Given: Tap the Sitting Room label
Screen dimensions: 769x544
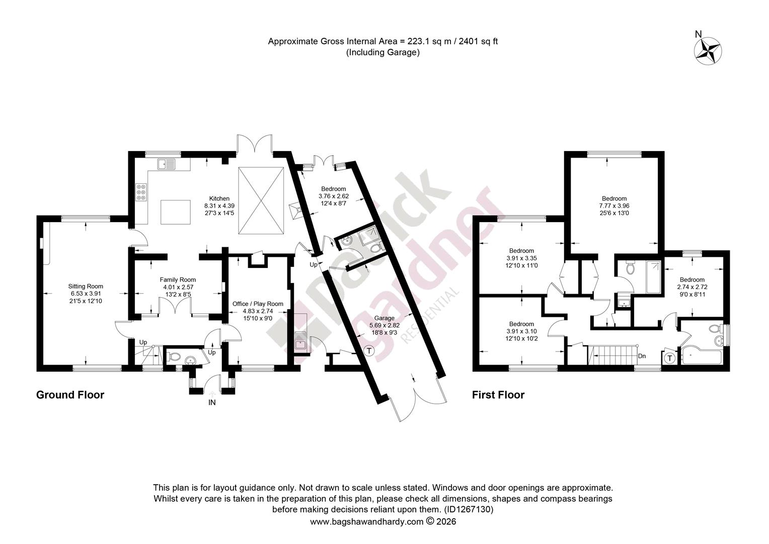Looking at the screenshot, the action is [86, 286].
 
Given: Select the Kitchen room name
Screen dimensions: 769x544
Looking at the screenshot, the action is [219, 198].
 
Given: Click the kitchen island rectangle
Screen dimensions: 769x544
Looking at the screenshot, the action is [176, 212].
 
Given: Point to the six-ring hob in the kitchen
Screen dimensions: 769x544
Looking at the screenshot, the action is [141, 192].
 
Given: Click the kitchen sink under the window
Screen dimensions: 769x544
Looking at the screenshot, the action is [166, 164].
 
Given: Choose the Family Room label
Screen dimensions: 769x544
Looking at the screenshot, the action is [178, 280].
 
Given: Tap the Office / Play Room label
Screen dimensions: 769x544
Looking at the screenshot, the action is [258, 304].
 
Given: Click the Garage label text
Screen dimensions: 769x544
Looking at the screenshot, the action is [384, 318].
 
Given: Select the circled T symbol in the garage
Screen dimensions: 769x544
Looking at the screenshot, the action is [369, 351].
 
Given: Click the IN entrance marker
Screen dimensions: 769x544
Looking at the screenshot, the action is [212, 402].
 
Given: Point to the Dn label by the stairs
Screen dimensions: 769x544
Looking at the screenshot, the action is [642, 356].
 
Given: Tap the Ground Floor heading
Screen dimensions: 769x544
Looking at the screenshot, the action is [70, 395].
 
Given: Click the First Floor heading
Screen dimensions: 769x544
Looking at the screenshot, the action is [498, 395].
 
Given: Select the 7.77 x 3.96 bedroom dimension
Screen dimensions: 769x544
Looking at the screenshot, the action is [614, 206].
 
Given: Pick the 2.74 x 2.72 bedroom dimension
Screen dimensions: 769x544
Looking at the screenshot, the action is [692, 287].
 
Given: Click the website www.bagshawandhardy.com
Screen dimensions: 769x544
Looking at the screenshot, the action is [367, 522].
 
